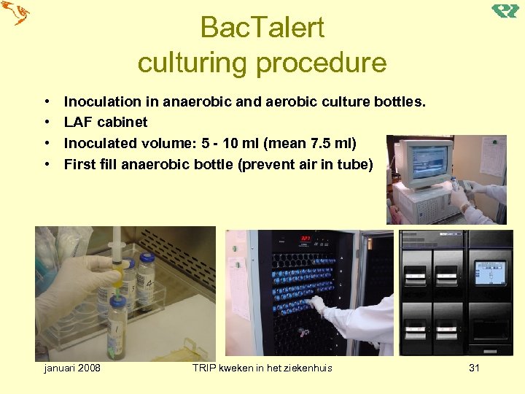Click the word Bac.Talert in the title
pyautogui.click(x=262, y=28)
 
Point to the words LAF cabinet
pyautogui.click(x=106, y=122)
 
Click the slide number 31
pyautogui.click(x=474, y=368)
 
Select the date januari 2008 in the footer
pyautogui.click(x=72, y=368)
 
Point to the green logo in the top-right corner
pyautogui.click(x=505, y=11)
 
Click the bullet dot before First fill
pyautogui.click(x=46, y=164)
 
